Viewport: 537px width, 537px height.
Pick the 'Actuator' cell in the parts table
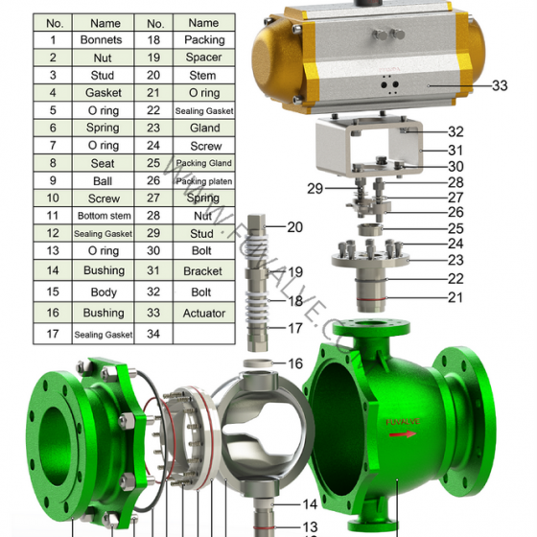(203, 313)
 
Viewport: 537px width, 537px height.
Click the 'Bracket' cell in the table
(203, 270)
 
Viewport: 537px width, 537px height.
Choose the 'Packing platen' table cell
(203, 181)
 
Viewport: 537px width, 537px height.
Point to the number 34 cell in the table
(153, 334)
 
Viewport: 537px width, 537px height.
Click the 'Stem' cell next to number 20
(203, 75)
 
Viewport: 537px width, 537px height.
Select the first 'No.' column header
(55, 22)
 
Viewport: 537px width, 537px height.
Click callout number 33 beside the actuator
(499, 85)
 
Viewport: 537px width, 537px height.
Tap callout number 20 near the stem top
(294, 227)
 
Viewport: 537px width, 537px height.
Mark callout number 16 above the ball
(295, 363)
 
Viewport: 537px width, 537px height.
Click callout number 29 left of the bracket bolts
(315, 189)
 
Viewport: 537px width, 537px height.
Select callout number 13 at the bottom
(310, 526)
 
